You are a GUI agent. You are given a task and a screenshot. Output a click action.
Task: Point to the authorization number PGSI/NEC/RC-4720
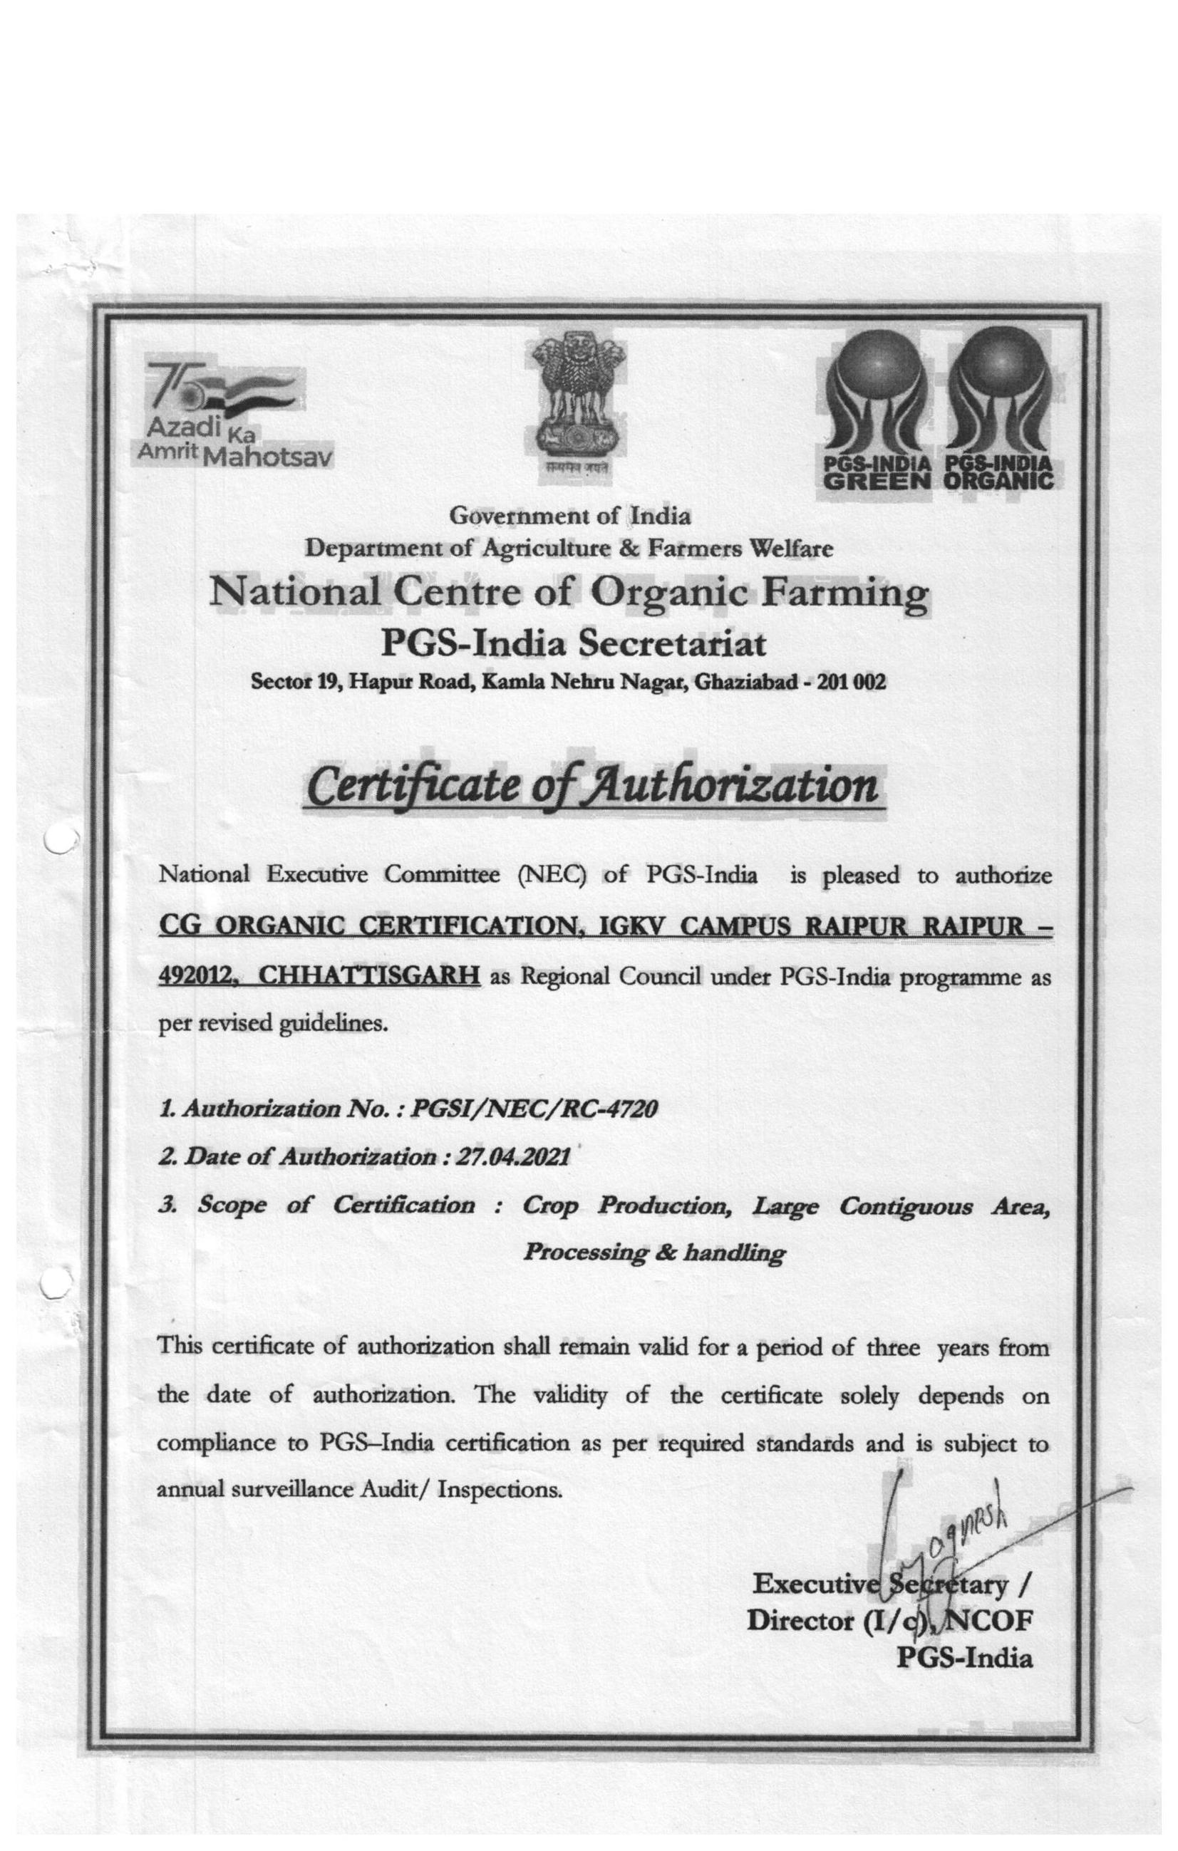(535, 1109)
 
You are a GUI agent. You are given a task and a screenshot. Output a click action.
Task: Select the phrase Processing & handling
(653, 1254)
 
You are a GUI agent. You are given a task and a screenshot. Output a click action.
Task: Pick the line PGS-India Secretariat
(574, 643)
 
